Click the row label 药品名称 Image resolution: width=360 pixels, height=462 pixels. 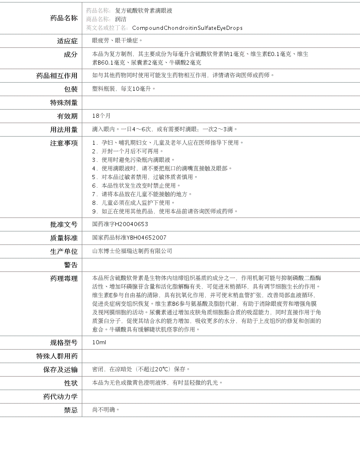pyautogui.click(x=63, y=18)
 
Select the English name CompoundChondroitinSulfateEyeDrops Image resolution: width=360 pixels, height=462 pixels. pyautogui.click(x=187, y=28)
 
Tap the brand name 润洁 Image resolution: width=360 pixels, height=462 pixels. pyautogui.click(x=121, y=19)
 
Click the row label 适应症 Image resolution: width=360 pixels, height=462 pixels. pyautogui.click(x=67, y=41)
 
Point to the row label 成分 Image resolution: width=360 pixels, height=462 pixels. pyautogui.click(x=70, y=54)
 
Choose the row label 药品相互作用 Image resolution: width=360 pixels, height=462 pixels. pyautogui.click(x=57, y=76)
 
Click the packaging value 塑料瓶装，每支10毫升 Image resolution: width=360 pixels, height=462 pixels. pyautogui.click(x=124, y=89)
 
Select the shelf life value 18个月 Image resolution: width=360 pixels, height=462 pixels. pyautogui.click(x=101, y=116)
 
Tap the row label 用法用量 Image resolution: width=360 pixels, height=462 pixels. pyautogui.click(x=63, y=130)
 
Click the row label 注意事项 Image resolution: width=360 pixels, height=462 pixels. pyautogui.click(x=63, y=143)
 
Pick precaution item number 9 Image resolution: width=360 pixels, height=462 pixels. pyautogui.click(x=165, y=211)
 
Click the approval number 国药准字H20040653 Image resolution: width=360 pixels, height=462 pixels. pyautogui.click(x=120, y=224)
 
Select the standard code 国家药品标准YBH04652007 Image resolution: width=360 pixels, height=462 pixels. pyautogui.click(x=129, y=238)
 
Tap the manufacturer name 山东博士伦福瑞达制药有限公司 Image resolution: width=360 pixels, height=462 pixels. pyautogui.click(x=132, y=251)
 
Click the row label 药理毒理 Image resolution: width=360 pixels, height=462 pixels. pyautogui.click(x=63, y=278)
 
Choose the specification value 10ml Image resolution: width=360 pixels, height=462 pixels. pyautogui.click(x=99, y=342)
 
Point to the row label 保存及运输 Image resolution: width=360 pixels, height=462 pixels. pyautogui.click(x=60, y=370)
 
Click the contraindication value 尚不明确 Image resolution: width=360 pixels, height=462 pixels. pyautogui.click(x=106, y=410)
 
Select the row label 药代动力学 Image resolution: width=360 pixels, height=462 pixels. pyautogui.click(x=60, y=397)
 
